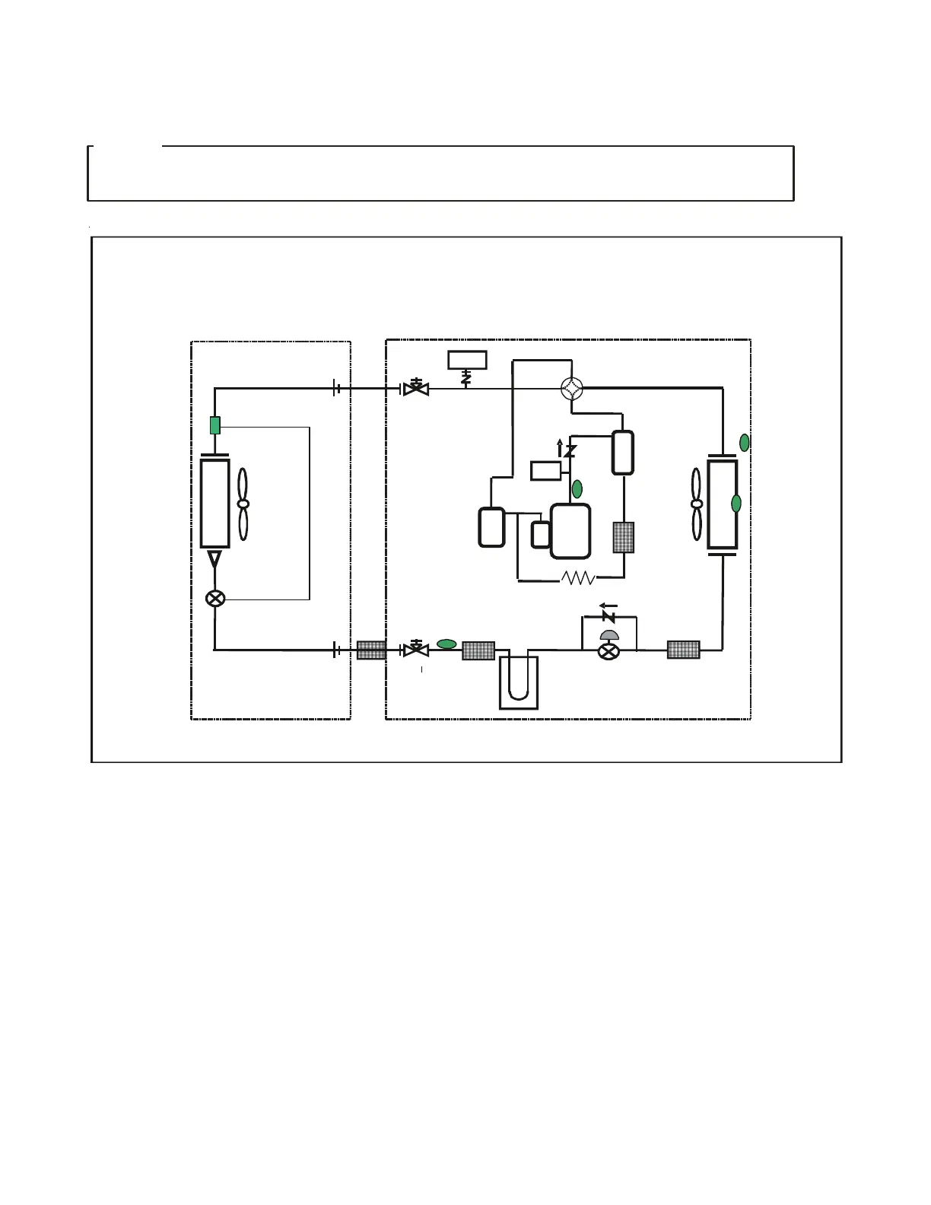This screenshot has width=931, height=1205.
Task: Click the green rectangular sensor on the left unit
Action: point(215,425)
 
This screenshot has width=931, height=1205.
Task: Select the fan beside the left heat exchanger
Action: point(243,504)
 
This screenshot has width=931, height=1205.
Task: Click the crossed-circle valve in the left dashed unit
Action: point(215,598)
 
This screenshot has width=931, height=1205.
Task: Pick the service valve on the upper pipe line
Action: point(415,389)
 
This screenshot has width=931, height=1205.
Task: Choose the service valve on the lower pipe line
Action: point(415,650)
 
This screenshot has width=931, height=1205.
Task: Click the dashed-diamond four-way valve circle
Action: point(571,389)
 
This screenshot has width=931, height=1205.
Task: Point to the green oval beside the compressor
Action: point(577,488)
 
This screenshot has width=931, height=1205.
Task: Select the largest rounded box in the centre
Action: point(570,531)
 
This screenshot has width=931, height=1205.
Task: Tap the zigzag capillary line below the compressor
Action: point(579,579)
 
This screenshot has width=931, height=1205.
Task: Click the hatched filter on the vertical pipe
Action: point(624,537)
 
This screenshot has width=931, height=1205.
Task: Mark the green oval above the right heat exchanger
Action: point(745,442)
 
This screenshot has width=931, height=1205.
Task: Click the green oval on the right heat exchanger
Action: point(736,503)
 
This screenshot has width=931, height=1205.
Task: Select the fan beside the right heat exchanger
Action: point(697,504)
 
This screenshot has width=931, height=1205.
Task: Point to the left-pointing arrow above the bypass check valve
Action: point(608,606)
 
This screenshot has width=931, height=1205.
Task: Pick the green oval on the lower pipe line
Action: point(447,644)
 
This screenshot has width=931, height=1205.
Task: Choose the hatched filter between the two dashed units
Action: point(372,650)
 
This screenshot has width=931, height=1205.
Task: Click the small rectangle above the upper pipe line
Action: point(467,359)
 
